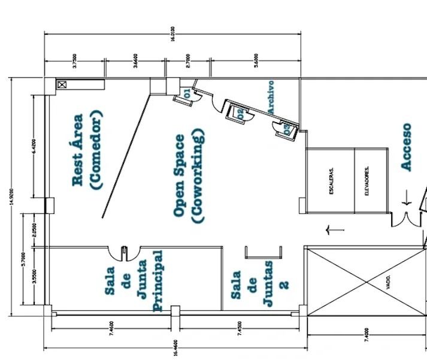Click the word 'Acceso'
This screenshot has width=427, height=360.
(x=407, y=147)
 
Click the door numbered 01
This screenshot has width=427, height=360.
(x=186, y=94)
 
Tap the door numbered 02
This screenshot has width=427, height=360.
(x=240, y=113)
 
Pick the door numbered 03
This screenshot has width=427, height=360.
(x=286, y=128)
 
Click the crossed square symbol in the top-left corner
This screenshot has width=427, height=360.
(x=62, y=84)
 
